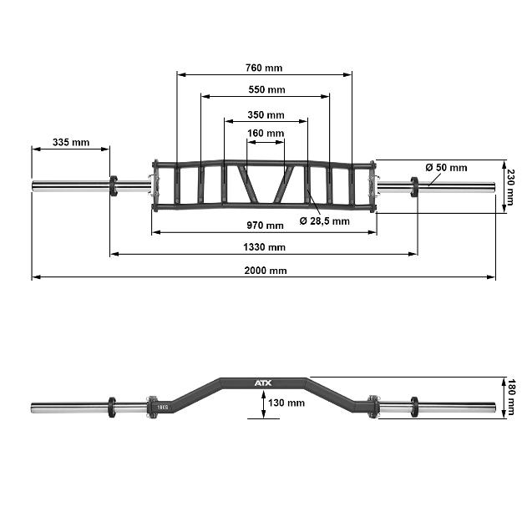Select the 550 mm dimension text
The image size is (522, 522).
[x=266, y=89]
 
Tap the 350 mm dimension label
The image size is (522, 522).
[x=266, y=114]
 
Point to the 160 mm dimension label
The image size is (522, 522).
[x=266, y=133]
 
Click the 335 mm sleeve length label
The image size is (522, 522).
[x=70, y=142]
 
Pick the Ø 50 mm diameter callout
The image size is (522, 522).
[x=446, y=167]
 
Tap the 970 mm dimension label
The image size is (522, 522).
[x=266, y=226]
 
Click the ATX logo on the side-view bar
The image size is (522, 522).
[x=263, y=383]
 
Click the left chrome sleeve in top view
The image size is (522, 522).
[x=70, y=185]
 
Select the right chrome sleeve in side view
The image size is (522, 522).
[x=455, y=408]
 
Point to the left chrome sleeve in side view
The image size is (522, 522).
[x=70, y=408]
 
